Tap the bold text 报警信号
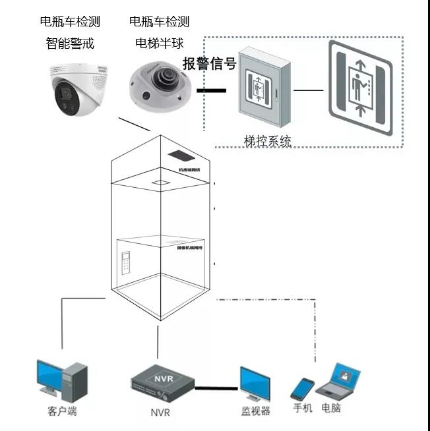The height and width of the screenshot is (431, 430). pos(209,64)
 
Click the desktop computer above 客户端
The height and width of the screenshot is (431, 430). pos(61,381)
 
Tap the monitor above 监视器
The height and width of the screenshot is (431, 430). pos(255,385)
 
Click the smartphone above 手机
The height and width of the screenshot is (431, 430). pos(303,388)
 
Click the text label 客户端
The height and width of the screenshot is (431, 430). pos(62,412)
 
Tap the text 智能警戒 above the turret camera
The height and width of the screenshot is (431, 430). pos(70,43)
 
